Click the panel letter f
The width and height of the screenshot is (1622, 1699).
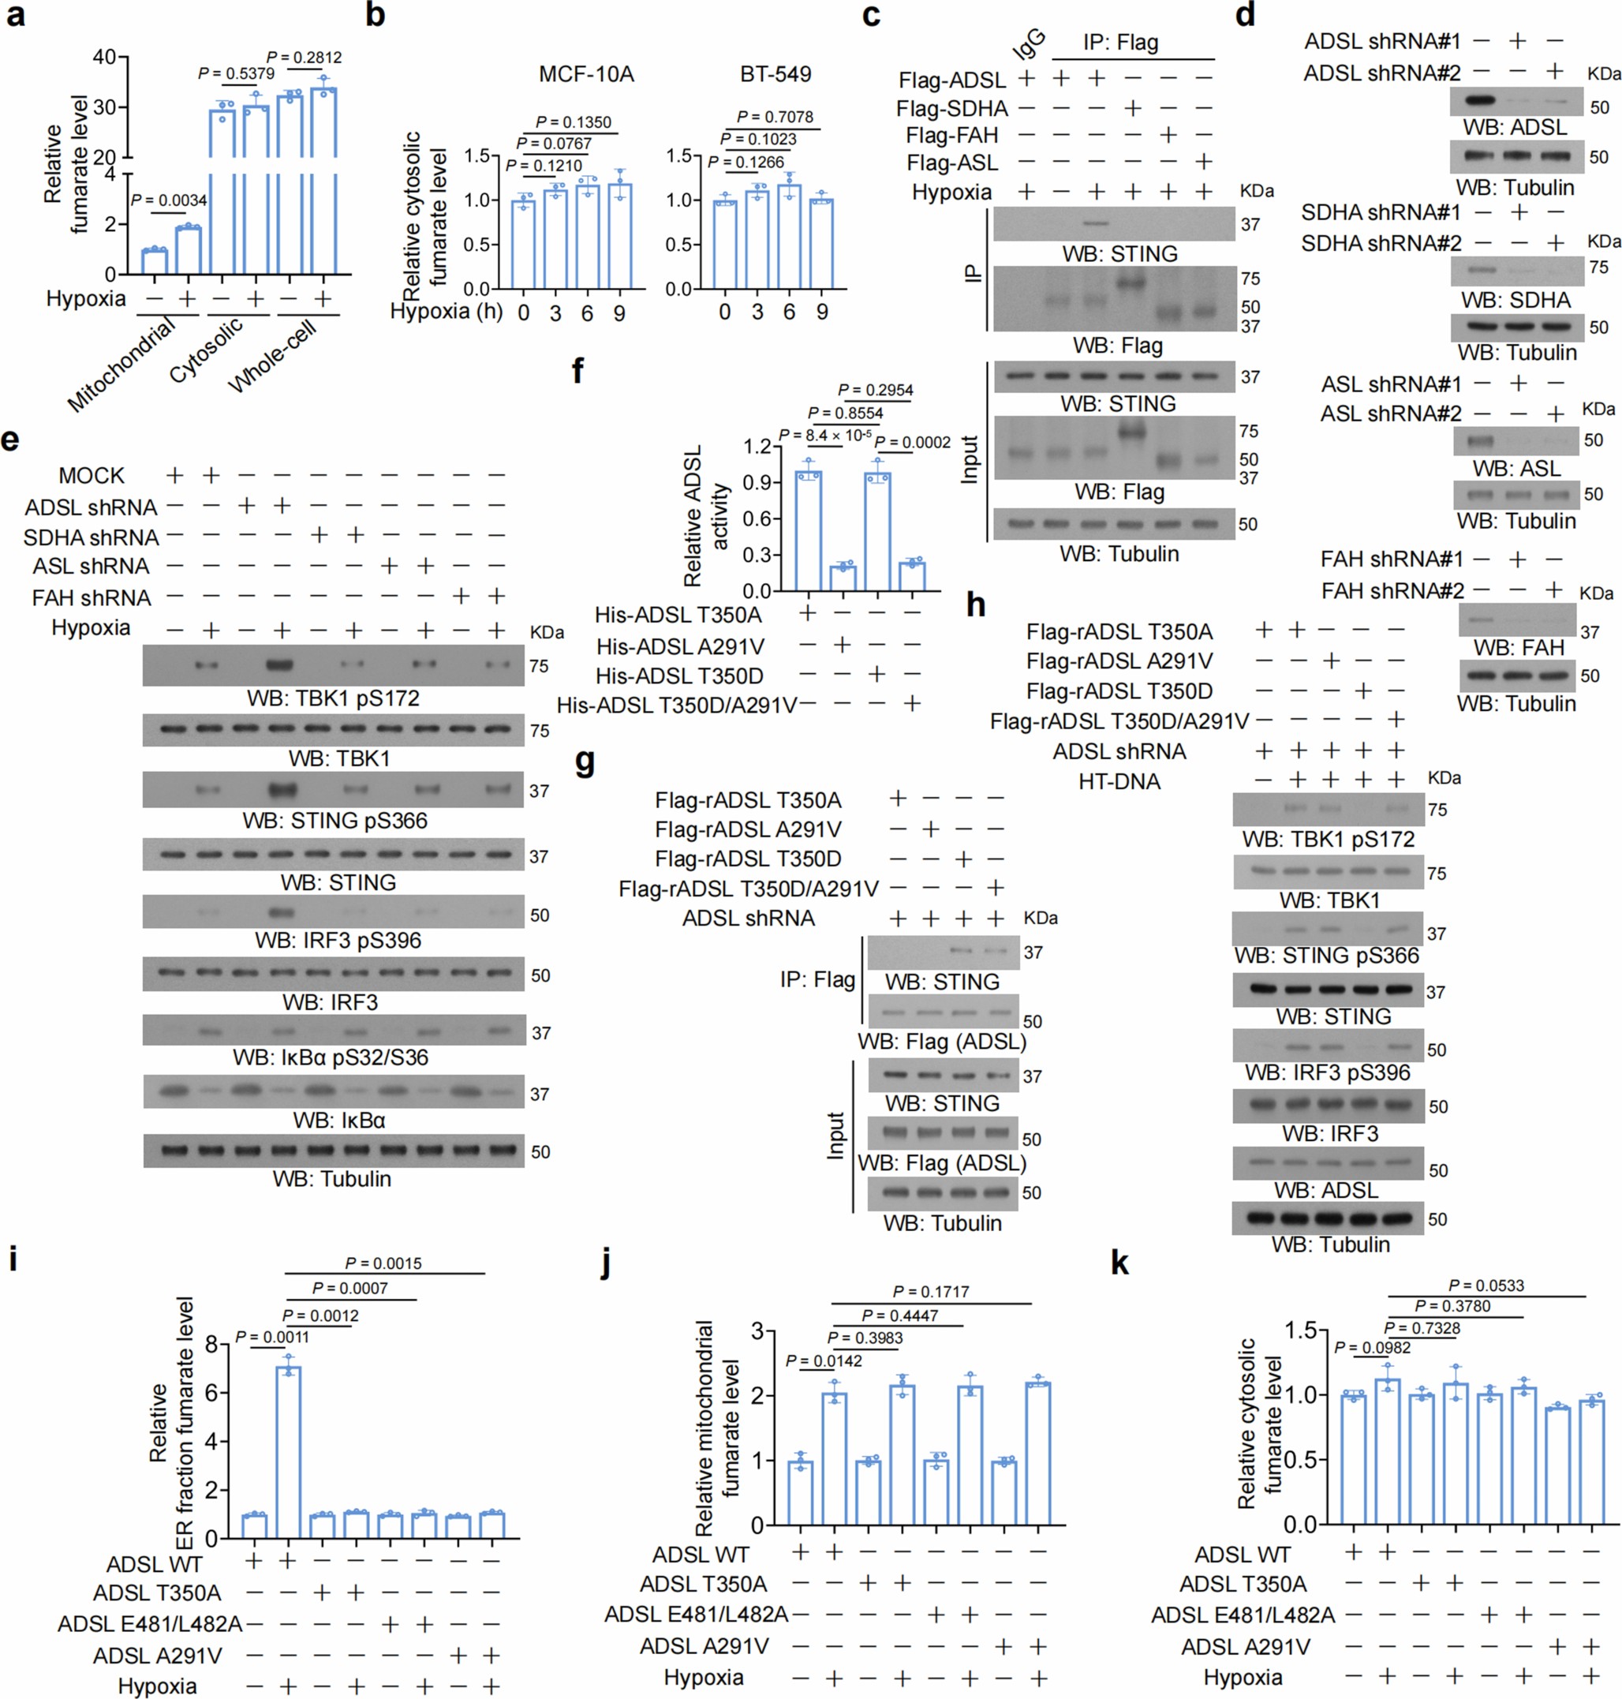pos(577,371)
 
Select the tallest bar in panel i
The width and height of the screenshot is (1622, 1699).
pos(288,1453)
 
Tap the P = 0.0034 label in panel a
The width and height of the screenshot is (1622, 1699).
pos(169,200)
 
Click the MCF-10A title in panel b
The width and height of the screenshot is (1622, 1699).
pos(586,74)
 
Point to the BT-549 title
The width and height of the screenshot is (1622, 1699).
pos(775,74)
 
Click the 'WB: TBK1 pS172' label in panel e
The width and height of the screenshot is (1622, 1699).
pos(333,698)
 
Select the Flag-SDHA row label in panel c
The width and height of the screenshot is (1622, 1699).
pos(952,109)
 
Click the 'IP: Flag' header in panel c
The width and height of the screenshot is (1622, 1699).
pos(1120,43)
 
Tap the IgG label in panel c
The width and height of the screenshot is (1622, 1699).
pos(1029,43)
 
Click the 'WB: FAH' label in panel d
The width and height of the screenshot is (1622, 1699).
pos(1518,648)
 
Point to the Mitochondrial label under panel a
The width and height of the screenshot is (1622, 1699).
pos(121,365)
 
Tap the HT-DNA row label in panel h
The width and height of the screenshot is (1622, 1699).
pos(1119,781)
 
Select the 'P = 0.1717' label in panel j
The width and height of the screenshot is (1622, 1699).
pos(930,1292)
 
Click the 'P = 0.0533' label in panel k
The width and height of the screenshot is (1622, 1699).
pos(1486,1285)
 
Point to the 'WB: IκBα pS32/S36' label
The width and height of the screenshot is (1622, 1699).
pos(331,1057)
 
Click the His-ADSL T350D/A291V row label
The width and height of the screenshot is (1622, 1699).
pos(676,705)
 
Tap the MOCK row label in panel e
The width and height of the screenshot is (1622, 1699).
pos(92,476)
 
